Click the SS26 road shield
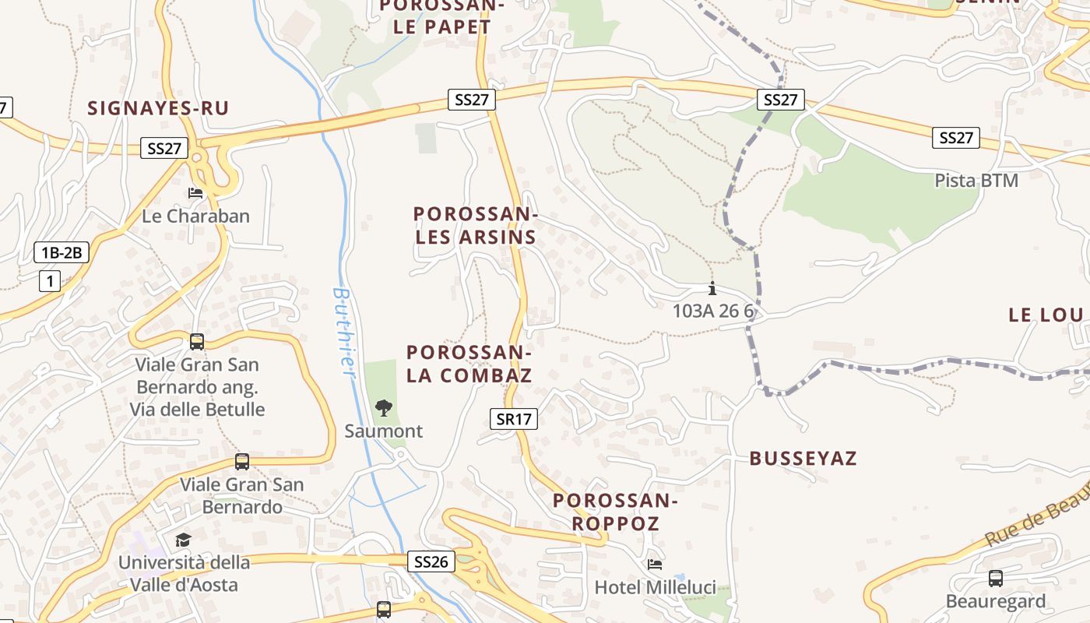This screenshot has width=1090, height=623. [431, 561]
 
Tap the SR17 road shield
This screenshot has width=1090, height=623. [515, 419]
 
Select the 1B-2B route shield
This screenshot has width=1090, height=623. [62, 252]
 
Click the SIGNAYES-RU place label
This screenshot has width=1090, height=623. [158, 108]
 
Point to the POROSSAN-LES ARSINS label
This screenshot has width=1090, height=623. [476, 225]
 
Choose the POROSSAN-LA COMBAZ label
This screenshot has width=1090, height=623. [469, 364]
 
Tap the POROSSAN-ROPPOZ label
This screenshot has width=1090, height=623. [616, 512]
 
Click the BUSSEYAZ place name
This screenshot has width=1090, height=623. [803, 459]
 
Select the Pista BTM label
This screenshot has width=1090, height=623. [976, 181]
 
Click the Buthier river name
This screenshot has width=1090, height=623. [343, 333]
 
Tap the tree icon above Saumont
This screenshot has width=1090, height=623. [383, 407]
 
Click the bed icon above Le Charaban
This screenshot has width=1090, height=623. [195, 192]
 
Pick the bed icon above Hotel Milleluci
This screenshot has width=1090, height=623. [655, 564]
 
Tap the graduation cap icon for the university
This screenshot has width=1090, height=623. [183, 540]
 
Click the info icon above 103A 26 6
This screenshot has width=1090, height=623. [712, 288]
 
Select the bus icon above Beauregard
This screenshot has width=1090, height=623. [995, 578]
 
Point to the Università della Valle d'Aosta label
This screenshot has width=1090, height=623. [184, 573]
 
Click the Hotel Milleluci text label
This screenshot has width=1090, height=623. [655, 587]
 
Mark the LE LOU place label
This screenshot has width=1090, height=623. [1046, 315]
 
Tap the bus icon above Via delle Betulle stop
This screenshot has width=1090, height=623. [197, 341]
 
